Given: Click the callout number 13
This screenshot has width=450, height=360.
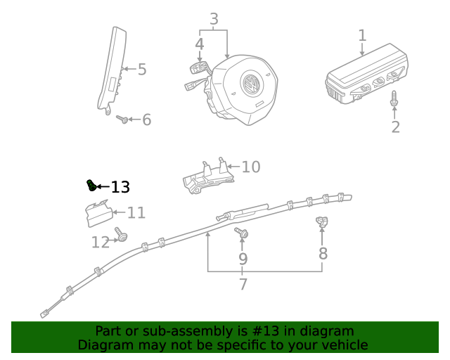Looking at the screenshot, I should click(x=121, y=187).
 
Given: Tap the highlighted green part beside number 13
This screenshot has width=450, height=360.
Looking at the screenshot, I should click(x=91, y=185).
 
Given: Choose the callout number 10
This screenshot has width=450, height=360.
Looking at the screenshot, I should click(x=250, y=167).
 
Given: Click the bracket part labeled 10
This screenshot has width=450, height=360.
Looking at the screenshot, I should click(x=207, y=176).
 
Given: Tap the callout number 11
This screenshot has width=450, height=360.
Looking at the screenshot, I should click(x=136, y=212).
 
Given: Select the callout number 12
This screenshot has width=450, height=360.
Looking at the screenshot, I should click(x=101, y=243).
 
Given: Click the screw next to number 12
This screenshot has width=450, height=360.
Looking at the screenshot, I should click(x=121, y=236).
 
